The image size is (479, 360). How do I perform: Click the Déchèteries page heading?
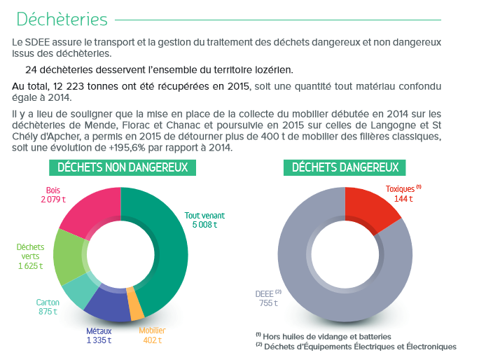tap(62, 19)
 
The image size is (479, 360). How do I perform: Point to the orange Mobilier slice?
tap(135, 304)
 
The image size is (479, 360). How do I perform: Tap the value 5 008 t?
tap(204, 225)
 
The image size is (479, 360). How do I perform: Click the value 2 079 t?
tap(53, 200)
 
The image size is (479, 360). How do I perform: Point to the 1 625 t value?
tap(30, 266)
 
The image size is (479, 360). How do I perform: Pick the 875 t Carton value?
tap(48, 312)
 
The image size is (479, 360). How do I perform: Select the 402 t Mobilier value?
tap(152, 340)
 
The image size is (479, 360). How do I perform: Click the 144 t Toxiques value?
tap(403, 199)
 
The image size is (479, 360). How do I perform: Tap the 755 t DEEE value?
tap(268, 303)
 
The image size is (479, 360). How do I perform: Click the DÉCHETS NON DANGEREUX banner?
tap(123, 167)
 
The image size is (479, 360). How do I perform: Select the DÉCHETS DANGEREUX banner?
tap(345, 167)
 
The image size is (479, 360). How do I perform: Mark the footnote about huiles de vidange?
tap(324, 336)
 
